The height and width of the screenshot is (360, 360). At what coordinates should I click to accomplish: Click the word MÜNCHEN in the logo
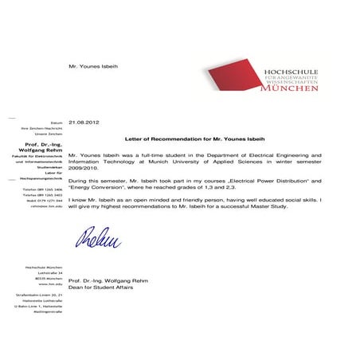289,88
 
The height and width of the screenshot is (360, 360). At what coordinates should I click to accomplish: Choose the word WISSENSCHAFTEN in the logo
291,81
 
